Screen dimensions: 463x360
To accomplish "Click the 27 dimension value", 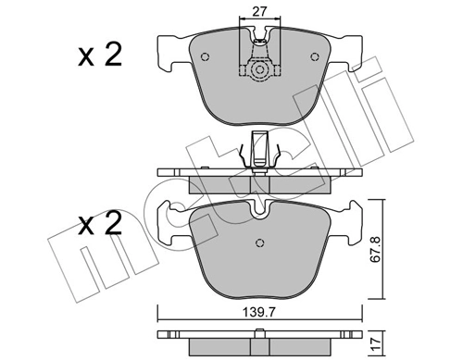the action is coord(259,12).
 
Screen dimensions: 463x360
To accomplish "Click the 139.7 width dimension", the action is coord(258,313).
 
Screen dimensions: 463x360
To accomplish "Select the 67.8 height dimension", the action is coord(375,249).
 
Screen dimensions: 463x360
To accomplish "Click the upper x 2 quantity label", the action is coord(100,55).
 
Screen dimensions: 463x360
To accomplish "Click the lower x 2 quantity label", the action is coord(100,223).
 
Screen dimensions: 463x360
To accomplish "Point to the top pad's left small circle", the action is coord(205,56).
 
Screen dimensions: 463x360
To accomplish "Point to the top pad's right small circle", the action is coord(314,56).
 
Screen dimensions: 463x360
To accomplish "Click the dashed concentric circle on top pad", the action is coord(259,70).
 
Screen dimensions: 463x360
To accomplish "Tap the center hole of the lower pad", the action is coord(260,242).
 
